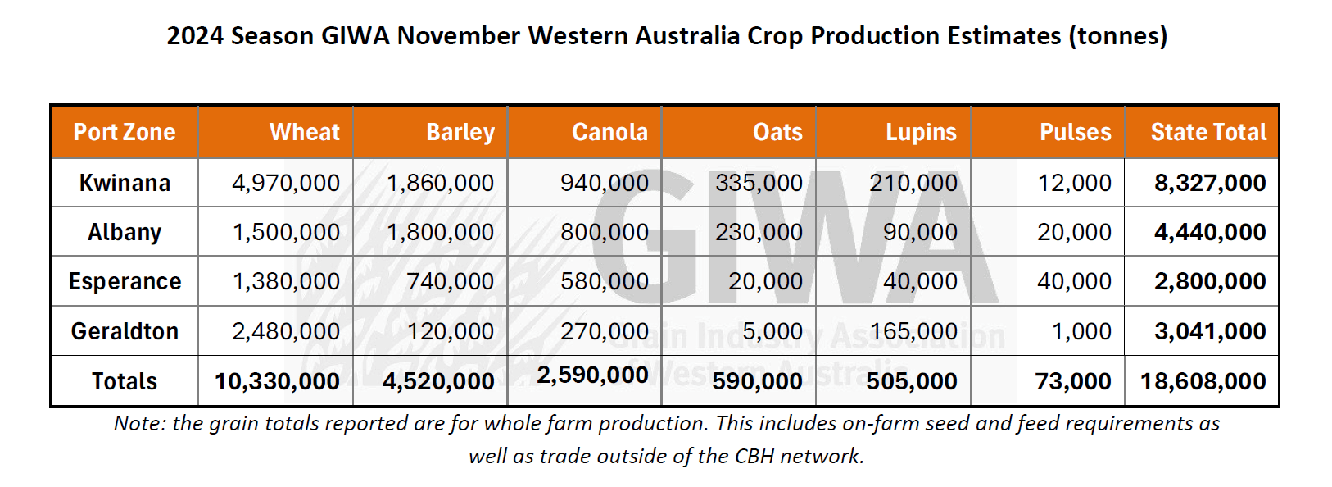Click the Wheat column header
305,131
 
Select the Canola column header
609,131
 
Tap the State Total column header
1208,131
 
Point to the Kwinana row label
125,183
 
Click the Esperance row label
125,281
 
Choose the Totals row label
125,381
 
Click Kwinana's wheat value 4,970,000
286,183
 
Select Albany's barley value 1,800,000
440,231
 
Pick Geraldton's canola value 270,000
605,331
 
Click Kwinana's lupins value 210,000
913,183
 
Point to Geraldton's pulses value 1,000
1081,331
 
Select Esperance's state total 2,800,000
1210,281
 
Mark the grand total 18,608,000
1203,381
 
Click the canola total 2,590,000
592,375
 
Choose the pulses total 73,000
1073,381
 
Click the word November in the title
459,36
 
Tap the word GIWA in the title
356,36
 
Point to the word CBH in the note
754,456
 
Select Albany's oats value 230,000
759,231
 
